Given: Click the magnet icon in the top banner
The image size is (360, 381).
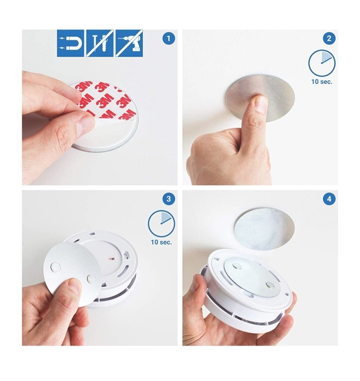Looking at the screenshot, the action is pos(71,43).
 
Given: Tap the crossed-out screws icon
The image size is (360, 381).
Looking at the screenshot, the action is pos(100,43).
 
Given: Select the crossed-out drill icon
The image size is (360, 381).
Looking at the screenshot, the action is pos(129,43).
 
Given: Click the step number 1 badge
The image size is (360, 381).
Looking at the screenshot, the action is pos(169,38).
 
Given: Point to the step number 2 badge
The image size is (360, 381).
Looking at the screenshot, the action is pos(329,38).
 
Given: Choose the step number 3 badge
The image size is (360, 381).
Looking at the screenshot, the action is pos(169,199).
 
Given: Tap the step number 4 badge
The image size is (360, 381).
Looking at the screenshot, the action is pos(329,199).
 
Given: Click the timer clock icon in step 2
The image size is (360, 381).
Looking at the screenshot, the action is pos(322,63).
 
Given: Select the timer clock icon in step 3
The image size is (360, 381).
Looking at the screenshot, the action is pos(161,224).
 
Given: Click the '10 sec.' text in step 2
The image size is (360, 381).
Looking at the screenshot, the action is pos(322,81).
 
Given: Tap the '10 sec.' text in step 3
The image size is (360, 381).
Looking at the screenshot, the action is pos(161,242).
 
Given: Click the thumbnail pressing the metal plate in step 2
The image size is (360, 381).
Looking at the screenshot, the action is pos(261,104).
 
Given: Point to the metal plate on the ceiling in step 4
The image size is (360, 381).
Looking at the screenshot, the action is pos(264,229).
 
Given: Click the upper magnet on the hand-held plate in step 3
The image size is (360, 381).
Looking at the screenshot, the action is pos(55,267).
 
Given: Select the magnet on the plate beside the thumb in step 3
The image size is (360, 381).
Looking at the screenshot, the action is pos(91,279).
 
